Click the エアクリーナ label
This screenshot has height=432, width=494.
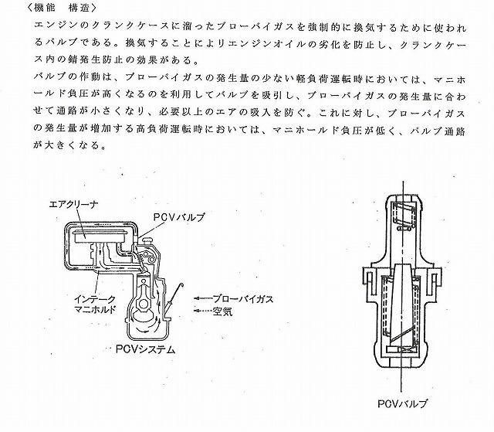click(74, 205)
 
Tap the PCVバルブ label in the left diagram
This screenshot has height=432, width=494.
click(179, 217)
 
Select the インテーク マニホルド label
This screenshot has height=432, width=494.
click(95, 304)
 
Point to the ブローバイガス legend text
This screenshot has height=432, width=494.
click(243, 298)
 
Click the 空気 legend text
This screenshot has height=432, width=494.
click(222, 311)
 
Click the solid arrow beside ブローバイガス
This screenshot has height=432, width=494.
click(202, 298)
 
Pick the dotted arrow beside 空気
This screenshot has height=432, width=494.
click(202, 311)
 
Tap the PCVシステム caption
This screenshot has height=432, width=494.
click(145, 349)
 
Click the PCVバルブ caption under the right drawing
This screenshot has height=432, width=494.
click(402, 404)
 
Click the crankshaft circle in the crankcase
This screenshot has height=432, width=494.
click(144, 304)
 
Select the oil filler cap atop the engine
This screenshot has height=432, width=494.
click(147, 241)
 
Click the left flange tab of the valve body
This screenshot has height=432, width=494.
click(368, 282)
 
